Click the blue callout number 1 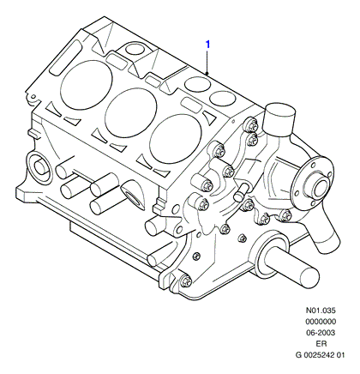(x=208, y=45)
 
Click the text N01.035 (x=321, y=311)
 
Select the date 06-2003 (x=321, y=333)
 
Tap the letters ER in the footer (x=321, y=344)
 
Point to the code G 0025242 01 (x=321, y=355)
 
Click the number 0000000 (x=321, y=322)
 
